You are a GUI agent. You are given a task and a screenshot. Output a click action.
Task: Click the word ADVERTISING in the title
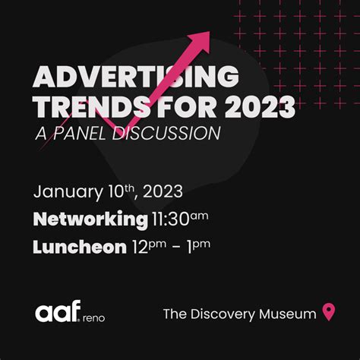tap(136, 77)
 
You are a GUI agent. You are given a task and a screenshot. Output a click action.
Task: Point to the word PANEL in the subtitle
tap(79, 133)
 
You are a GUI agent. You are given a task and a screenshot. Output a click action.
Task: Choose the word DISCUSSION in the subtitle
tap(166, 133)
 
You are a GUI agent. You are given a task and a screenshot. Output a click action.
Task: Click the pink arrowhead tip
tap(210, 32)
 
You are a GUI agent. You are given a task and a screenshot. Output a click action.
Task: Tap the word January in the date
tap(68, 192)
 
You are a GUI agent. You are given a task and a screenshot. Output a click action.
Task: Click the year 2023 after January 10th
tap(163, 191)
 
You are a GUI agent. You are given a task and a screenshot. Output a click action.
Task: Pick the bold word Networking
tap(90, 219)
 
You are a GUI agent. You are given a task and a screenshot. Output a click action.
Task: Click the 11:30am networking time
tap(180, 219)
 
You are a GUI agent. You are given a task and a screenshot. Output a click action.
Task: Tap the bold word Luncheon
tap(80, 247)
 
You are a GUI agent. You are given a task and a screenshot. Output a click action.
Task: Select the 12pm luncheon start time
tap(150, 247)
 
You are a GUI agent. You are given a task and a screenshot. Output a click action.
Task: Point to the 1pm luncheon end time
tap(199, 247)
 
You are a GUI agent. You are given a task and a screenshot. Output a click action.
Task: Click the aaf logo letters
tap(58, 311)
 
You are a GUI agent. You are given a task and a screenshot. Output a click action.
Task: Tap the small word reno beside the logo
tap(93, 318)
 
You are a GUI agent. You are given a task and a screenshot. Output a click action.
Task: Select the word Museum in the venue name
tap(288, 314)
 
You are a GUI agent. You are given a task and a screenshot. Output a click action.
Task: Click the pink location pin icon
tap(329, 312)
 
